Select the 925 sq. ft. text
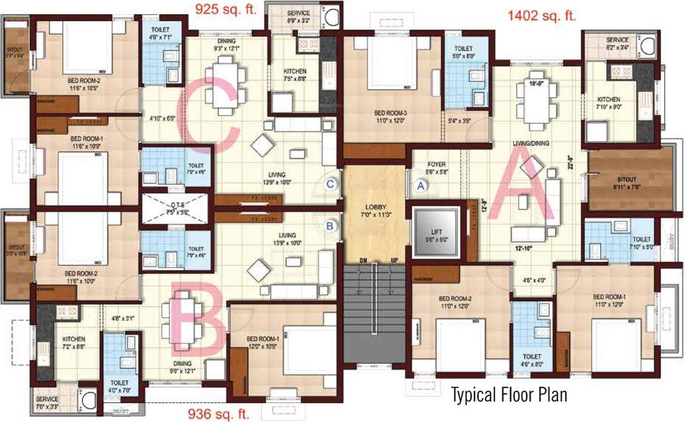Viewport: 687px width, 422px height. click(x=227, y=10)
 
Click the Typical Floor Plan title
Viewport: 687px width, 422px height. click(x=509, y=395)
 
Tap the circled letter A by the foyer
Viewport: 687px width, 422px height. click(x=421, y=186)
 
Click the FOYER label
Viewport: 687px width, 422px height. click(x=436, y=164)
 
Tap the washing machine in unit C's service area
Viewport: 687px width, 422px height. click(x=332, y=18)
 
